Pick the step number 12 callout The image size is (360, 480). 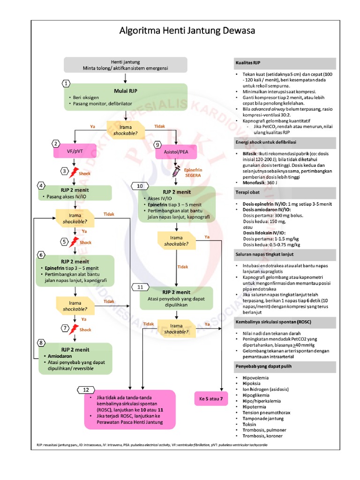point(85,390)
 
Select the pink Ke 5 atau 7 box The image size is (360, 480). point(210,399)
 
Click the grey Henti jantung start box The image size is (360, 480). point(125,65)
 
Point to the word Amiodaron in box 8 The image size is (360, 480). point(60,356)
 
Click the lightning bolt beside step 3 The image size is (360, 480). point(74,172)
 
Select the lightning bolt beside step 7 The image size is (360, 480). point(74,330)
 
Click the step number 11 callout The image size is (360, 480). point(140,286)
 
